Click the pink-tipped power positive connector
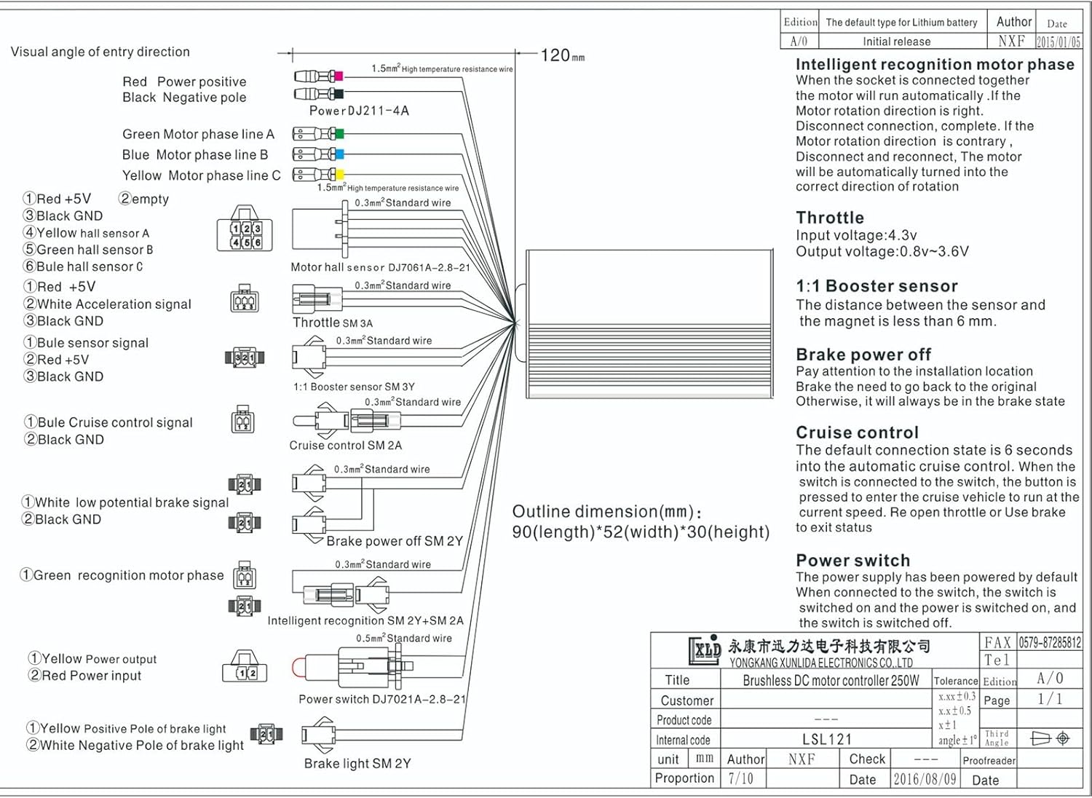point(337,76)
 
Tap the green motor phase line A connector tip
point(339,134)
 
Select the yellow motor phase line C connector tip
point(339,175)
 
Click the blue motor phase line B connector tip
point(339,154)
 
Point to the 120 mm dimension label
point(562,55)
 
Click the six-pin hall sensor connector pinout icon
point(245,234)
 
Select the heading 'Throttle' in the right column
point(830,218)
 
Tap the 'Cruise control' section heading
point(857,432)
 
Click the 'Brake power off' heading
point(863,355)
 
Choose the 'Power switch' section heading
point(852,561)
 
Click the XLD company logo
point(705,649)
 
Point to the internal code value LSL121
point(826,740)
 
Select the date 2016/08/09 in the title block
point(925,779)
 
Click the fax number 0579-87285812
point(1049,642)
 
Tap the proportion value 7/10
point(741,778)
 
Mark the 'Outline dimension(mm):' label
point(607,512)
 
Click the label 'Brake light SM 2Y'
point(357,764)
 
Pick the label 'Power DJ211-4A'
point(359,111)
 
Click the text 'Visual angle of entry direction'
point(100,52)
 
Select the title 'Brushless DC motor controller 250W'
point(831,680)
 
